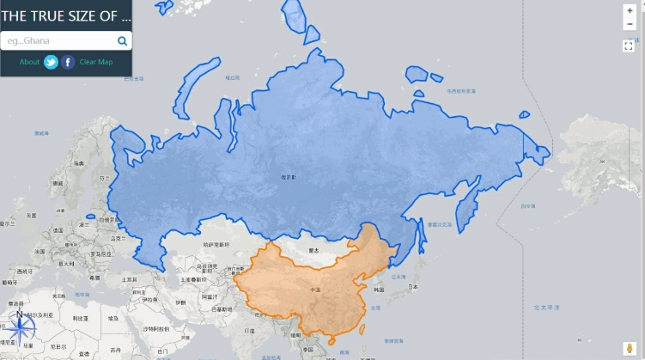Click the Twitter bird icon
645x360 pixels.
tap(51, 62)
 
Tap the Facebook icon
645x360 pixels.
tap(68, 62)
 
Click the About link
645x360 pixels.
tap(29, 62)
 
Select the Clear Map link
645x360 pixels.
tap(96, 62)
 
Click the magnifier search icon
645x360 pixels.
tap(122, 40)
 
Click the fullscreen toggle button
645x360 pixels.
tap(629, 46)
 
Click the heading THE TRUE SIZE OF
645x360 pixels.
tap(66, 16)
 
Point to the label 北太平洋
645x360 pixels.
tap(546, 307)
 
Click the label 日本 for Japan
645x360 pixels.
tap(413, 286)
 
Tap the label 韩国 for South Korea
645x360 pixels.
tap(376, 292)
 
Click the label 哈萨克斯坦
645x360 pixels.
tap(215, 245)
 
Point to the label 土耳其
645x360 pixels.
tap(130, 278)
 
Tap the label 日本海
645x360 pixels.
tap(399, 277)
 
